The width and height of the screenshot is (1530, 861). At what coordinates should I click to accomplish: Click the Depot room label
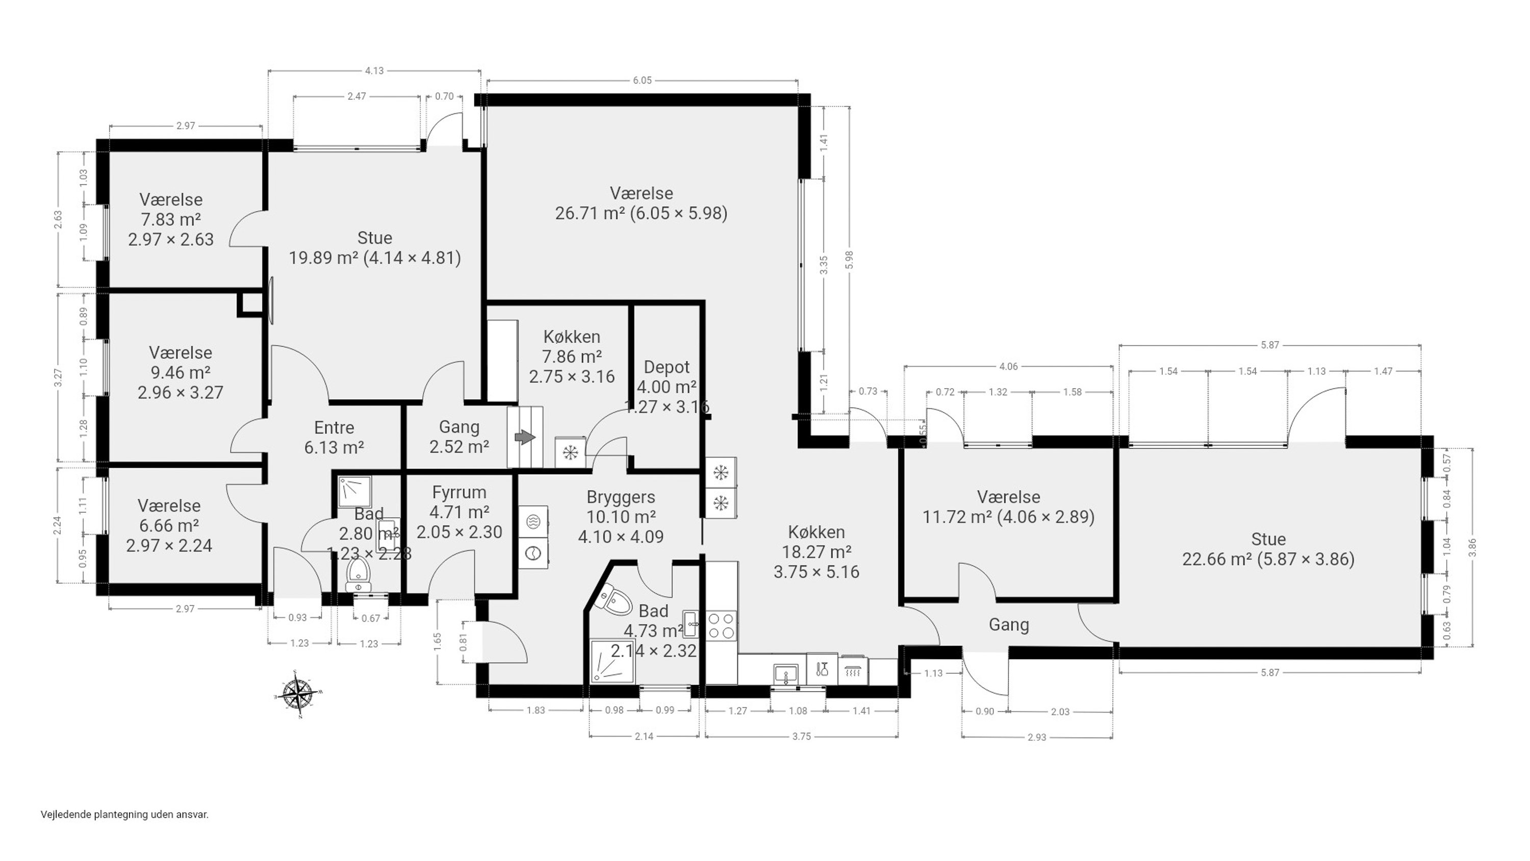[x=667, y=367]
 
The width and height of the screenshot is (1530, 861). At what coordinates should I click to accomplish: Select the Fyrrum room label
[x=459, y=493]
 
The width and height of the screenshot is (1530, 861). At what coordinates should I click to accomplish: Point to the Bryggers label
[x=621, y=497]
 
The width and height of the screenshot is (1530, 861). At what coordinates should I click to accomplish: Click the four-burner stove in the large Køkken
[x=721, y=626]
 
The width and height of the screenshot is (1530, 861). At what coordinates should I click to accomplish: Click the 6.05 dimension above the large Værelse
[x=642, y=80]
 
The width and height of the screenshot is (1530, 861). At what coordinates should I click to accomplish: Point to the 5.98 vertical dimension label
[x=849, y=260]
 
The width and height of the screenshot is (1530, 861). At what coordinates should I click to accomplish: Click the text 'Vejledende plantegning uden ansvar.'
[x=125, y=815]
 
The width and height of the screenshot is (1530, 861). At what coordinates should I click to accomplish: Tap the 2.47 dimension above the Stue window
[x=356, y=96]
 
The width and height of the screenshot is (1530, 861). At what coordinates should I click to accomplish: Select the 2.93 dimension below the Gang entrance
[x=1036, y=738]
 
